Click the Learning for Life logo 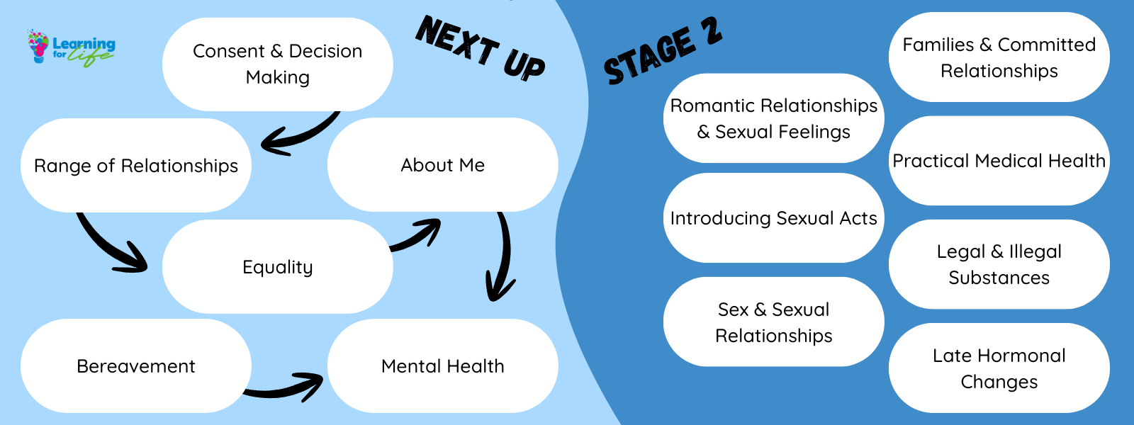71,47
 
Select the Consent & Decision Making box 277,64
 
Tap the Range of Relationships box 135,165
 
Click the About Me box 442,165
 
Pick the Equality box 277,267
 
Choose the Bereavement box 135,366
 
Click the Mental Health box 442,366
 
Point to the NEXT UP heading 481,48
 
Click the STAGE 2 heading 663,51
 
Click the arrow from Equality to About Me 418,236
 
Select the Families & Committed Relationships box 999,57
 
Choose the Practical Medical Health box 999,161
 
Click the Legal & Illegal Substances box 999,264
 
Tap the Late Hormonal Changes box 999,368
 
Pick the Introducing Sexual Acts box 773,218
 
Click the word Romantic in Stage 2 712,106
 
